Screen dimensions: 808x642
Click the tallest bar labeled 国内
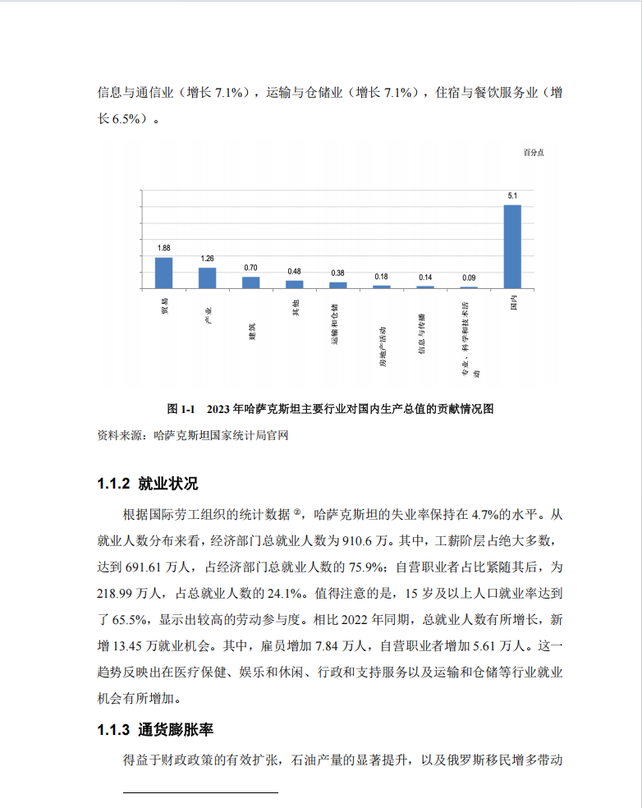[x=511, y=246]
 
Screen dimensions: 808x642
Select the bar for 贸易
[x=163, y=273]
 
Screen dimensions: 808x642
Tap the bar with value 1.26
[x=207, y=278]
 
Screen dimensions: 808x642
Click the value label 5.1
[x=511, y=195]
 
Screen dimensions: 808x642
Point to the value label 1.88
[x=163, y=248]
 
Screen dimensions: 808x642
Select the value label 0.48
[x=294, y=271]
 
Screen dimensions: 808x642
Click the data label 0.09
[x=468, y=278]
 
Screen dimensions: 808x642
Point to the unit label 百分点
[x=534, y=153]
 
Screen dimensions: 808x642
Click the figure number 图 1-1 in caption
[x=180, y=408]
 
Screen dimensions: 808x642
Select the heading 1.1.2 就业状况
[x=148, y=483]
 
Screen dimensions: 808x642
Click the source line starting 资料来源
[x=193, y=435]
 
